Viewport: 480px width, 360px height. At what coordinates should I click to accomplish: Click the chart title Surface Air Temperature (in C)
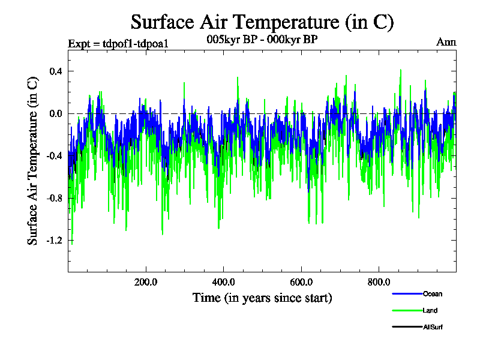(262, 22)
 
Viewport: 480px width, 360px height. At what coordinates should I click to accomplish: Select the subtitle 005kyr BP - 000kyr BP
(262, 39)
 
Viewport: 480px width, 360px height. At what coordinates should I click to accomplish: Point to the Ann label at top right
(446, 42)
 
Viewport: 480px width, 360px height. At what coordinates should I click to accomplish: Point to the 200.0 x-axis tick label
(146, 282)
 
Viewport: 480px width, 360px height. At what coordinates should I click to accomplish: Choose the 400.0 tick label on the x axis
(224, 282)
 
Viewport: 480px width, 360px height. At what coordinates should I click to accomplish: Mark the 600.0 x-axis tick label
(301, 282)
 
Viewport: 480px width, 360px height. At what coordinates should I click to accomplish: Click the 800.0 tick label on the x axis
(379, 282)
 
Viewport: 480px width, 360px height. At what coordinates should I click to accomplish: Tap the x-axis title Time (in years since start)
(262, 298)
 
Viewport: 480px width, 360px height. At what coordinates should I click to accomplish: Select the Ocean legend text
(433, 294)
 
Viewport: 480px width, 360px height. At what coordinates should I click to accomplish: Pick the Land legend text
(430, 310)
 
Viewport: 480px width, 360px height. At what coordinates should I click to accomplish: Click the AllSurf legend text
(433, 327)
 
